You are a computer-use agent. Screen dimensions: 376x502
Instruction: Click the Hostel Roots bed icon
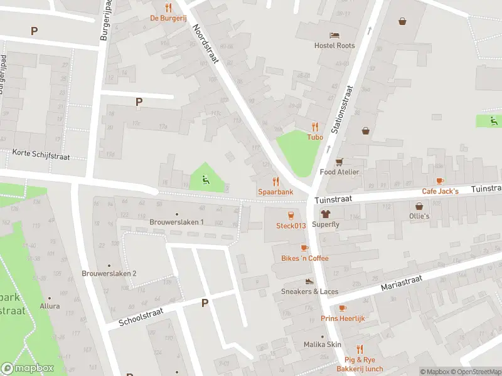coord(334,34)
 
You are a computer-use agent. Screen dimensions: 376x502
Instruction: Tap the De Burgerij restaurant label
coord(168,18)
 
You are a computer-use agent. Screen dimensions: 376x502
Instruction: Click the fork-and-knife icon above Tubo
coord(315,126)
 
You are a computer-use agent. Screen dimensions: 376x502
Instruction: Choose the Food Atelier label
coord(339,172)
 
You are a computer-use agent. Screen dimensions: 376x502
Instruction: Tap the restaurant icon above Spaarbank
coord(274,180)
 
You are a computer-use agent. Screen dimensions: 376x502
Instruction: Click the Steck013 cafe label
coord(291,226)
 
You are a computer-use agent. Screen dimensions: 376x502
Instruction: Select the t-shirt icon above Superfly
coord(325,214)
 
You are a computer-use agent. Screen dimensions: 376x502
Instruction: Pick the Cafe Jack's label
coord(440,191)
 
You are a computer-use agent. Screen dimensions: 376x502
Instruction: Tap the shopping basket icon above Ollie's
coord(419,206)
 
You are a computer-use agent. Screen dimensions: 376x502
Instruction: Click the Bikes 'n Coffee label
coord(304,258)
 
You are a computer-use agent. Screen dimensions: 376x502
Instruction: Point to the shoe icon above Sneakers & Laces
coord(308,281)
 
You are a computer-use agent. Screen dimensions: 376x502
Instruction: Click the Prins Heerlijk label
coord(343,318)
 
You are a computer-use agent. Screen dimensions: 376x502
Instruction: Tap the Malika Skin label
coord(323,345)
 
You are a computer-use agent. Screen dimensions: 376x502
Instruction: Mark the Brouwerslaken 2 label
coord(109,273)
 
